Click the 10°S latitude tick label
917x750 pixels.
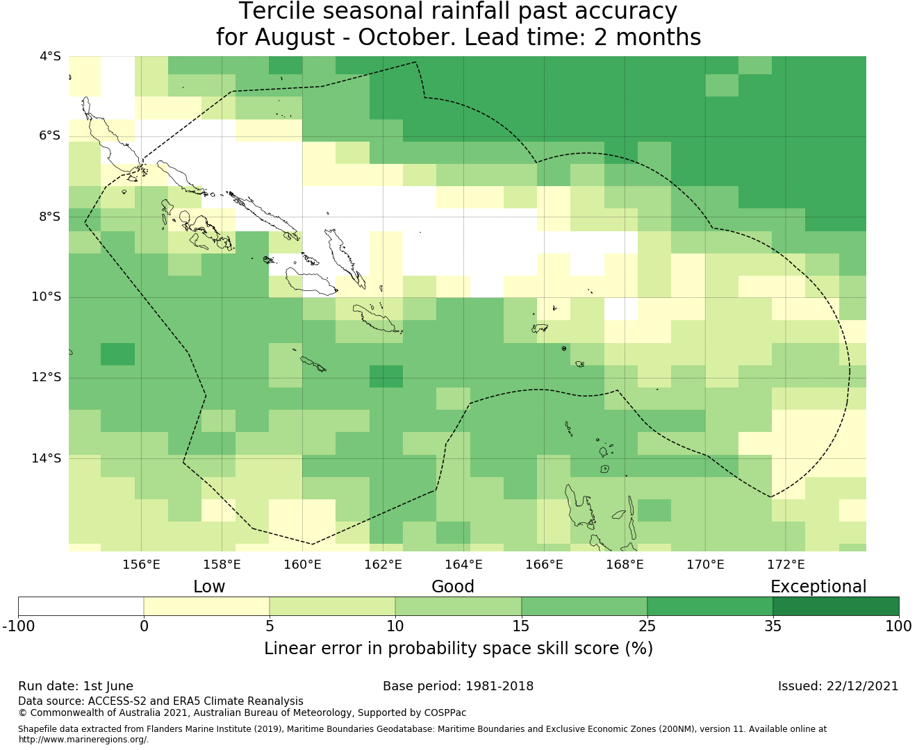coord(46,297)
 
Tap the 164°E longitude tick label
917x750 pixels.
coord(463,565)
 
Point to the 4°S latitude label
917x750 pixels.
coord(50,56)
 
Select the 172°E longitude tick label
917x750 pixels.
coord(786,565)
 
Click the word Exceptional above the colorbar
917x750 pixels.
coord(818,587)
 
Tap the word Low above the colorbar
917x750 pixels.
coord(209,587)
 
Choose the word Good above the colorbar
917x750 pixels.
coord(453,587)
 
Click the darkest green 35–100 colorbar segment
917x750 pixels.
coord(836,606)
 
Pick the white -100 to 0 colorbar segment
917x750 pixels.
coord(81,606)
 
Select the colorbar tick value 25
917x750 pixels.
coord(647,626)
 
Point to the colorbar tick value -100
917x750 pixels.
coord(18,626)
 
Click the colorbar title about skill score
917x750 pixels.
coord(458,648)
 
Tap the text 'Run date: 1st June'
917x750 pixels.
coord(76,686)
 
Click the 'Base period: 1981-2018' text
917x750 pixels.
coord(458,686)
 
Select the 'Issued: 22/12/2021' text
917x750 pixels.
coord(838,686)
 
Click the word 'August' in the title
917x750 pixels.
coord(295,37)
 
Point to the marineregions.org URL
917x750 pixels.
coord(83,740)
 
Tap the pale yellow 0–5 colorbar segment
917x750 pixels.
coord(206,606)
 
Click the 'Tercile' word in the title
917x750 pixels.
coord(276,11)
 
